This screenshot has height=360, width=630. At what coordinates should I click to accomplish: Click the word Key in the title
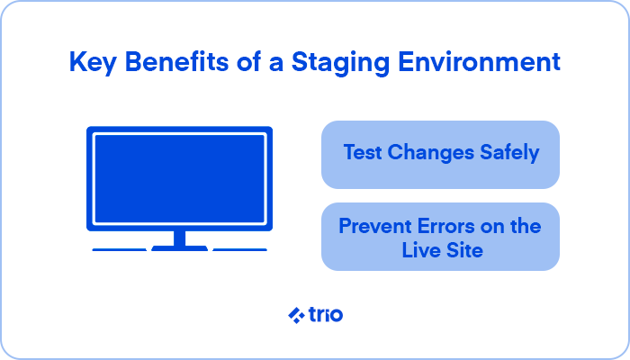pos(93,63)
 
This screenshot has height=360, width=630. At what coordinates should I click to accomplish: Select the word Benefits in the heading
pos(176,61)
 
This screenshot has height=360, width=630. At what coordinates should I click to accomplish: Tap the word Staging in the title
pos(340,63)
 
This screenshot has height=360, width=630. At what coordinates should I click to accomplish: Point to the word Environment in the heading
pos(479,62)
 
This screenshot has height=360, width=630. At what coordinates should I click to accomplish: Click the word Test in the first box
pos(363,152)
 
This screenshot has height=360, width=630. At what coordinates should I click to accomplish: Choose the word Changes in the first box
pos(431,153)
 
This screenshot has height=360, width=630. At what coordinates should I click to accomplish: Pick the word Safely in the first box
pos(509,153)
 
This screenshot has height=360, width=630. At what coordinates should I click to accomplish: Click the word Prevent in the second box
pos(375,226)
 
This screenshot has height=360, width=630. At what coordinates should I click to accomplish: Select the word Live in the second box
pos(420,250)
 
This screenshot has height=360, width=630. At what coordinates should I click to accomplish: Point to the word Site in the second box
pos(464,250)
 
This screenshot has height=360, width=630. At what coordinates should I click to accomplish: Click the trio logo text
pos(326,314)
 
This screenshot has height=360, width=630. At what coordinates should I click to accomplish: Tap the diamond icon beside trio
pos(296,315)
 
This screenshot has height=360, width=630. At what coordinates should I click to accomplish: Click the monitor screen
pos(180,178)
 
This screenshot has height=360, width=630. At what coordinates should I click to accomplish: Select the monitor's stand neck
pos(180,238)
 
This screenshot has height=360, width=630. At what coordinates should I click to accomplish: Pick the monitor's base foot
pos(180,248)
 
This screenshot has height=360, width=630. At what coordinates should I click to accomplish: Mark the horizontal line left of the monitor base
pos(120,249)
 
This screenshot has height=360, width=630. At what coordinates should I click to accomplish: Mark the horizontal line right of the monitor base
pos(240,249)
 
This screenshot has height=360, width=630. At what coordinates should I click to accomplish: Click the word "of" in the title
pos(248,62)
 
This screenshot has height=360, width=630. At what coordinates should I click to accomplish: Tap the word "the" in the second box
pos(526,226)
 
